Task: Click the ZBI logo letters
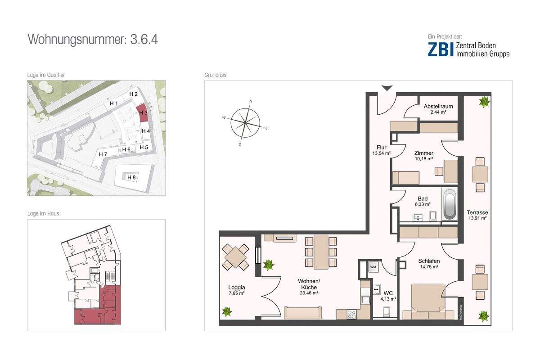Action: [x=441, y=49]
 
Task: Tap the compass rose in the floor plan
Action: [x=245, y=123]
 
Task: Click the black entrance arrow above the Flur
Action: [x=387, y=88]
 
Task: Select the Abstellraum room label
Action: [x=438, y=106]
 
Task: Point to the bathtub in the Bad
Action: [x=450, y=204]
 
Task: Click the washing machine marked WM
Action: [x=373, y=267]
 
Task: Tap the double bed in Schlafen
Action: [x=428, y=301]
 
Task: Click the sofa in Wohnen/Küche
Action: [x=303, y=312]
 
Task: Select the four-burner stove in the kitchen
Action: [x=352, y=315]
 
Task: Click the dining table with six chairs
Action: [x=321, y=252]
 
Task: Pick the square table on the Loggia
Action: [x=235, y=257]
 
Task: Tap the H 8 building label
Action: [x=131, y=177]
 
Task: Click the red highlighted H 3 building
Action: [x=143, y=113]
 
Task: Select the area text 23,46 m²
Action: [x=309, y=293]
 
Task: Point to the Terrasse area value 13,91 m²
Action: [x=477, y=218]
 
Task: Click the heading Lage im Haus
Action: [x=43, y=213]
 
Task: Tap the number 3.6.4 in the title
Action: [x=144, y=39]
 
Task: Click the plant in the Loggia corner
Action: [x=227, y=311]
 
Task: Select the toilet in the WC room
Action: [x=387, y=311]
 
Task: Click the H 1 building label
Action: [x=114, y=103]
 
